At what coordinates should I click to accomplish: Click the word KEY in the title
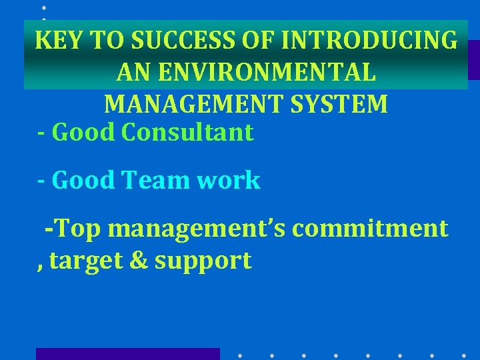[x=61, y=41]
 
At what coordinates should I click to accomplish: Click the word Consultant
[x=187, y=132]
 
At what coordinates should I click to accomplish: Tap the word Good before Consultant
[x=83, y=132]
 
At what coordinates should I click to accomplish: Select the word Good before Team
[x=83, y=180]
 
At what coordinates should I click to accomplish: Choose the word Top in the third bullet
[x=78, y=228]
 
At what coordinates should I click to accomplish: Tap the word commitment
[x=370, y=228]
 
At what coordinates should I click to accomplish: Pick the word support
[x=203, y=261]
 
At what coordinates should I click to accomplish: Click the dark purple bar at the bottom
[x=127, y=353]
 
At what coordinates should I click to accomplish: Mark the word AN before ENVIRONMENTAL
[x=131, y=72]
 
